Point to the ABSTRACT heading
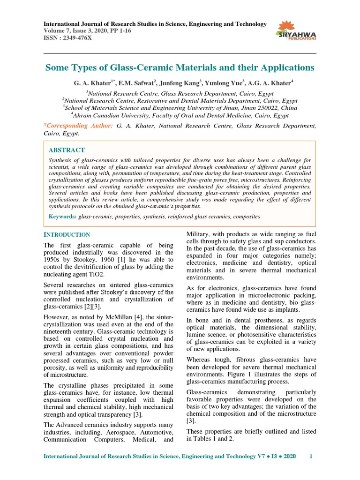coord(67,150)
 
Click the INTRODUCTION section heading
coord(67,234)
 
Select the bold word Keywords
coord(63,217)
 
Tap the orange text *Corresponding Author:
coord(78,126)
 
